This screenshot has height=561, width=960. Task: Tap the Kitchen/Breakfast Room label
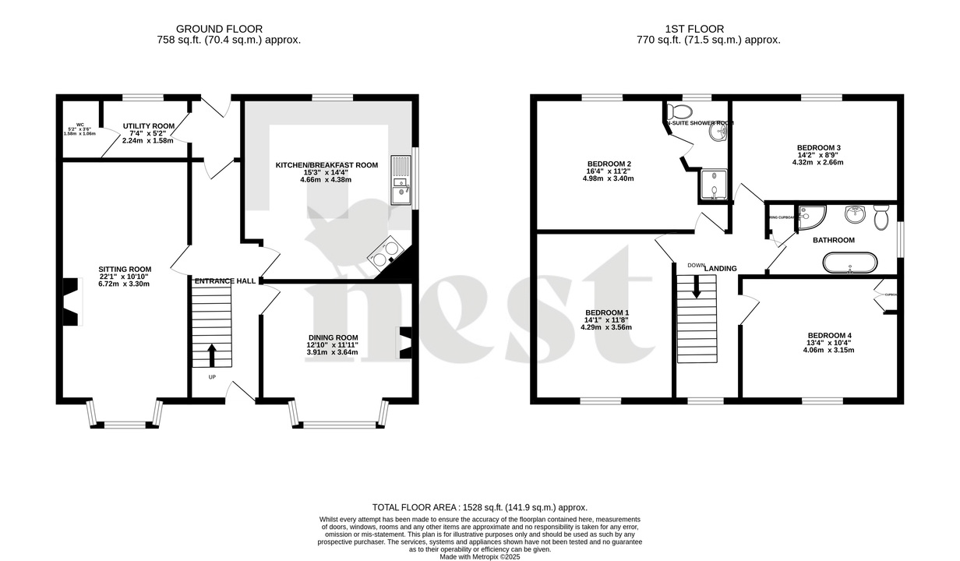[326, 165]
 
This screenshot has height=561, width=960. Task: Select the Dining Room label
[332, 337]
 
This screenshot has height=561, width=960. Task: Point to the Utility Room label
[148, 125]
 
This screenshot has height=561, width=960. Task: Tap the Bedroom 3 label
[818, 147]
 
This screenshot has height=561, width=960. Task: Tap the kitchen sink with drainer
[400, 180]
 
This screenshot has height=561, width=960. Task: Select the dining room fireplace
[405, 343]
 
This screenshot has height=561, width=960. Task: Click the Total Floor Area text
[479, 506]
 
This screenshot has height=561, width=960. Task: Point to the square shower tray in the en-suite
[712, 185]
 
